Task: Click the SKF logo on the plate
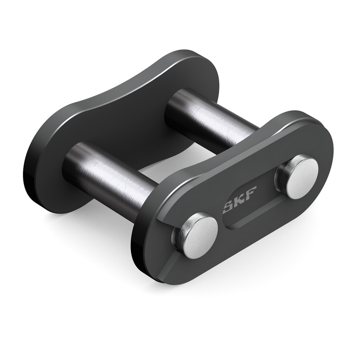coord(233,205)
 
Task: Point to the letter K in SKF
coord(234,205)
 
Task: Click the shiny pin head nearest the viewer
coord(196,236)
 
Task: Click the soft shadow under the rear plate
coord(90,225)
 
